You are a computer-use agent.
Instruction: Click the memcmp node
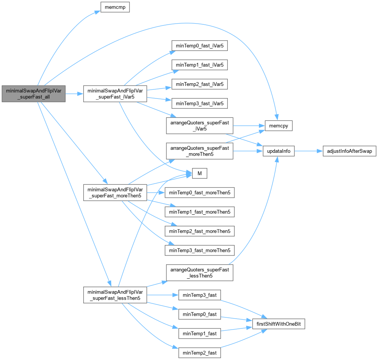tap(115, 7)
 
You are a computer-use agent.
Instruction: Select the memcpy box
tap(279, 125)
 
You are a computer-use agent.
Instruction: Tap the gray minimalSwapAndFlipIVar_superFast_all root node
tap(33, 94)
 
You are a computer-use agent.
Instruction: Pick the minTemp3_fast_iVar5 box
tap(199, 103)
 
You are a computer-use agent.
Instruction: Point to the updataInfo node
tap(279, 151)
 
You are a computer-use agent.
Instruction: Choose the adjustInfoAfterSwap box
tap(349, 151)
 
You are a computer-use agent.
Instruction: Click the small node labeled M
tap(199, 174)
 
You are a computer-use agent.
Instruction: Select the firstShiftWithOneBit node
tap(279, 324)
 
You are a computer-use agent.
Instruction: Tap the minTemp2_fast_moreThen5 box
tap(199, 231)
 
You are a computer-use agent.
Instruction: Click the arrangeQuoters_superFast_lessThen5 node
tap(199, 273)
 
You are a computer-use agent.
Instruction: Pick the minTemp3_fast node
tap(199, 295)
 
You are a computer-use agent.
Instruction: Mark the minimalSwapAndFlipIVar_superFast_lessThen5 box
tap(115, 295)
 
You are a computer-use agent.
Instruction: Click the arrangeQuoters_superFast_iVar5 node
tap(199, 125)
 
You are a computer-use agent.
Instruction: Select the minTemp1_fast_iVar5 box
tap(199, 65)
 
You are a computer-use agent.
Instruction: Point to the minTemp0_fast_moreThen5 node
tap(199, 193)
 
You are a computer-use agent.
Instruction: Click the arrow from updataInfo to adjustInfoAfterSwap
tap(308, 151)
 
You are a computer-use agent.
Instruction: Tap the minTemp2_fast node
tap(199, 353)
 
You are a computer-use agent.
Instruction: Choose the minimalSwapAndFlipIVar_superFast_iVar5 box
tap(115, 94)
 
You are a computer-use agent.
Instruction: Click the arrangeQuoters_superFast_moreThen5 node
tap(199, 151)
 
